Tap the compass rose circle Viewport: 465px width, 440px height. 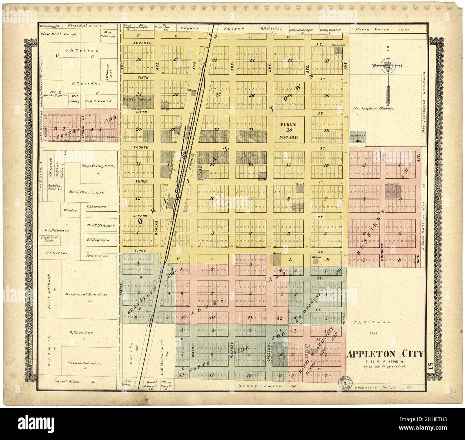coord(388,66)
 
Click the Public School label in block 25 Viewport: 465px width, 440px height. coord(138,99)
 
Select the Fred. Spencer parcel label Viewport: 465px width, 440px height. coord(97,256)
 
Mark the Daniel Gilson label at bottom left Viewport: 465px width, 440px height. coord(67,382)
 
